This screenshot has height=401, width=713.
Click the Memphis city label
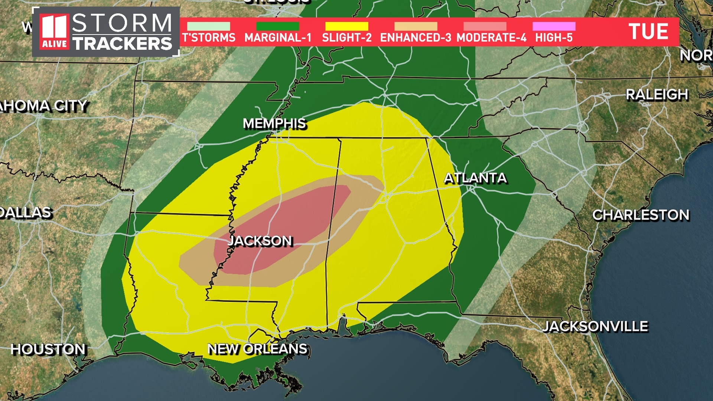(x=274, y=123)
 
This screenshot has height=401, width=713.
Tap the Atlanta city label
(x=475, y=178)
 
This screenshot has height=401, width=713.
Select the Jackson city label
(x=260, y=241)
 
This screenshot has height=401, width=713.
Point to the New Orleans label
(x=257, y=349)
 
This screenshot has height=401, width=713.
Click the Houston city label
(x=48, y=349)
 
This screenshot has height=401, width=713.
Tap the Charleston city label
(x=641, y=215)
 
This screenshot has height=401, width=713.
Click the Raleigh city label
(x=657, y=95)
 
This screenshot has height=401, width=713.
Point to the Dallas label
(x=25, y=213)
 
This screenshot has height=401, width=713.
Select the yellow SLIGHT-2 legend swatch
(x=346, y=26)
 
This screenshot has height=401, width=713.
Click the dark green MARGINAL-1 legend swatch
(x=277, y=26)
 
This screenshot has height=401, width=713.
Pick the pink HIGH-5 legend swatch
(x=554, y=26)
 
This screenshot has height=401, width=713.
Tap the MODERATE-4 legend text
(x=491, y=38)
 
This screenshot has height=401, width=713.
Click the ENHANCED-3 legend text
(x=416, y=38)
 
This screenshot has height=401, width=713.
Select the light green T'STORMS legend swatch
(x=208, y=26)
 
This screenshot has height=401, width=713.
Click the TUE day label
(x=648, y=32)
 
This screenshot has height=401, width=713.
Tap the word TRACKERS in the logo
(x=123, y=43)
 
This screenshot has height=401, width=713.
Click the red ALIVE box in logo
(x=54, y=44)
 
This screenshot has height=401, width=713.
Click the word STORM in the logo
(x=122, y=23)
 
